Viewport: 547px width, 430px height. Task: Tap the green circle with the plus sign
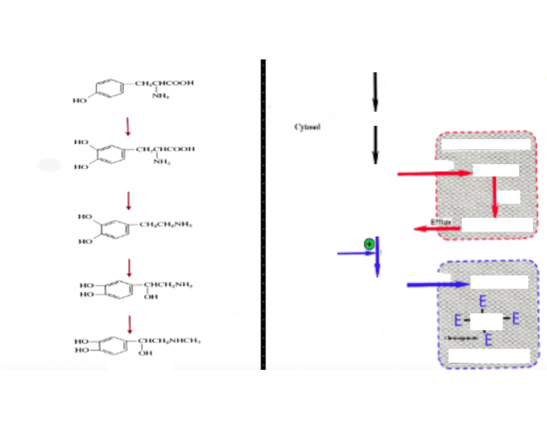coord(369,245)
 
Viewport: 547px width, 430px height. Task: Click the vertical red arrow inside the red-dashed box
coord(495,197)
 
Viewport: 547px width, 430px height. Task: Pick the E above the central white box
coord(483,301)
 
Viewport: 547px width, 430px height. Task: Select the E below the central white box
coord(488,339)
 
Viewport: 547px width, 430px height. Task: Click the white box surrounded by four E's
coord(486,320)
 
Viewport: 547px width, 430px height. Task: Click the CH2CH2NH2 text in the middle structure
coord(166,224)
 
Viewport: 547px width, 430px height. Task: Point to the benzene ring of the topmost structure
coord(111,90)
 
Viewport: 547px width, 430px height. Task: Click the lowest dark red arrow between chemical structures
coord(130,323)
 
